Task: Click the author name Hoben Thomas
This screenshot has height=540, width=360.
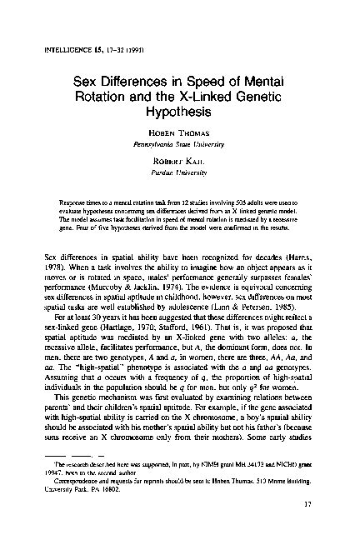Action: point(180,133)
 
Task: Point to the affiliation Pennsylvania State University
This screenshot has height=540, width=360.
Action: point(180,145)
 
